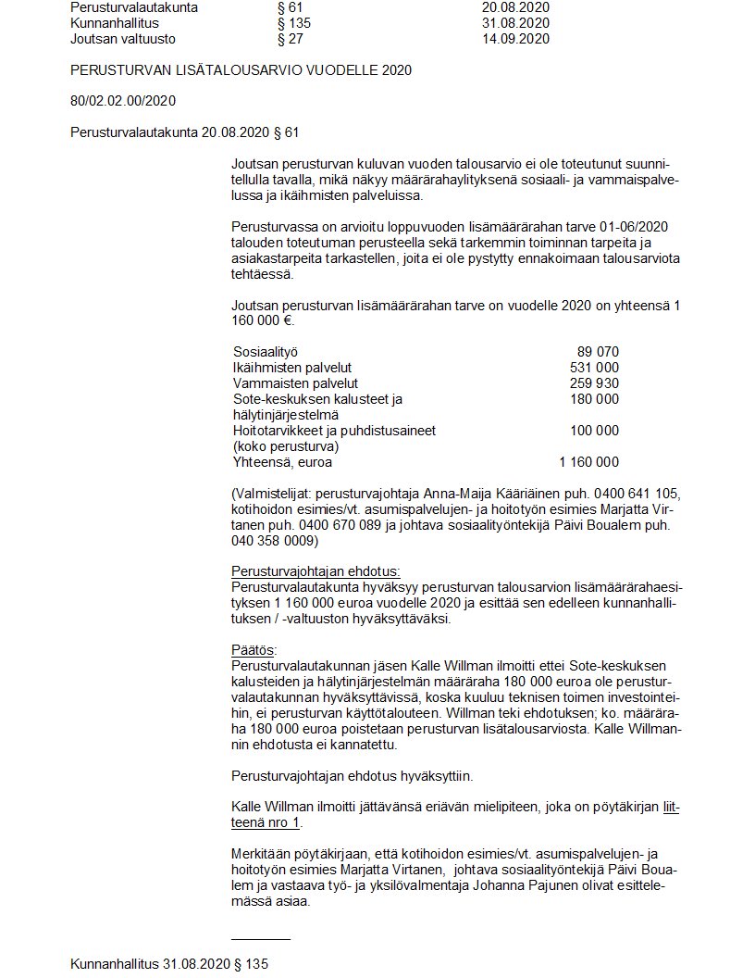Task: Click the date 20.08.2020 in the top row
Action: click(x=515, y=7)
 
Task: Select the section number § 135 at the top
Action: click(x=293, y=23)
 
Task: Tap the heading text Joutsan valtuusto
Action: click(x=123, y=39)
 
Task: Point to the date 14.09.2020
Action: click(x=515, y=39)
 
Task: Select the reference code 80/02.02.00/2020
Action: click(x=123, y=101)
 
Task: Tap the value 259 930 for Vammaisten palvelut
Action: click(x=594, y=383)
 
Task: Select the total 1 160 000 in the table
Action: click(x=588, y=462)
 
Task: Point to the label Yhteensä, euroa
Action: click(x=282, y=462)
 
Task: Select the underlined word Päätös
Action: click(x=253, y=650)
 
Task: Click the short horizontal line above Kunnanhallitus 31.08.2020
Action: click(x=260, y=939)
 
